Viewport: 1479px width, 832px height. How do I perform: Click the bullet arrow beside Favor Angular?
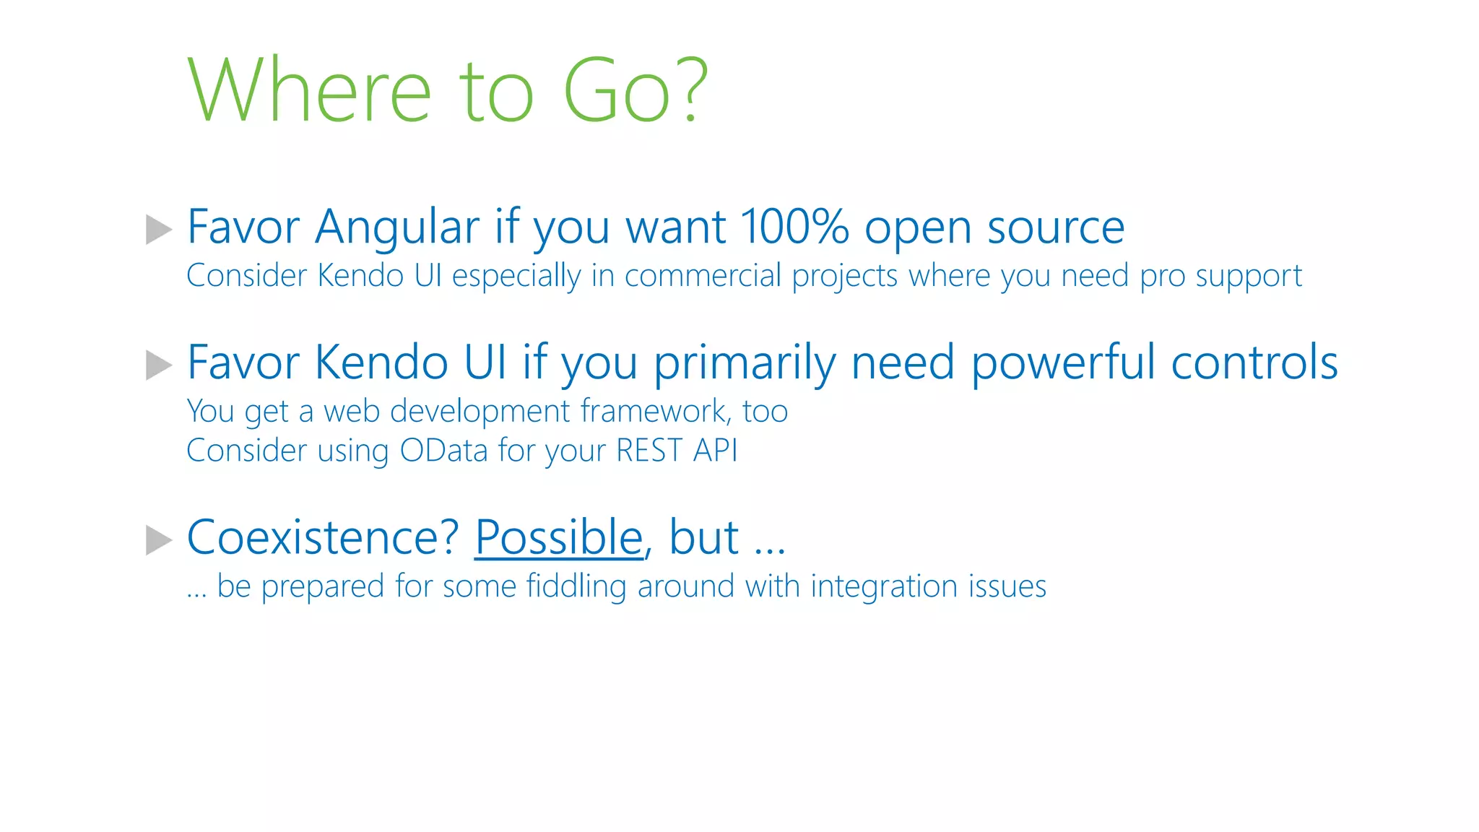click(159, 230)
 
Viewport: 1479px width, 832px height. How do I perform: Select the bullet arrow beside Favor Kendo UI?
click(159, 365)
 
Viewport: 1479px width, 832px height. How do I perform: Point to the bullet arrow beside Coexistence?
click(159, 540)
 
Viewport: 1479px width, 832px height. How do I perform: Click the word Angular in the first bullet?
click(397, 228)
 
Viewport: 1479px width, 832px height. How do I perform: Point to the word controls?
click(1254, 363)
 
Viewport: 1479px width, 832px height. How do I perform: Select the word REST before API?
click(649, 451)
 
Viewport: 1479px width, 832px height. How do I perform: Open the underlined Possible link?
click(559, 538)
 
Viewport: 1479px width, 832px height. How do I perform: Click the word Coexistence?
click(323, 538)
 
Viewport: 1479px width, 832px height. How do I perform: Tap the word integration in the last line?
click(884, 586)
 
